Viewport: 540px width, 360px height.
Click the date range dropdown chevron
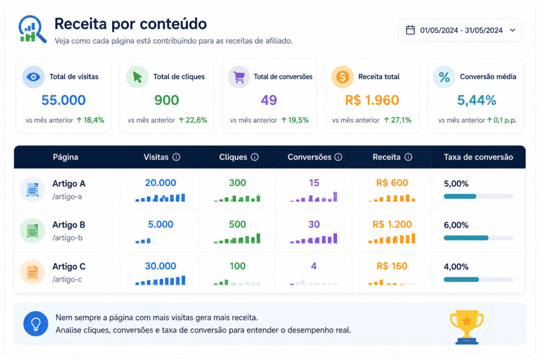[513, 30]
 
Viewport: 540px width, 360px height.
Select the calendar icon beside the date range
[410, 30]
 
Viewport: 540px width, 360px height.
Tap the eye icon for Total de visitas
[33, 77]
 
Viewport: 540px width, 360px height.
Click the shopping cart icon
[239, 77]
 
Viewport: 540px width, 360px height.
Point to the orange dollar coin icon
[342, 77]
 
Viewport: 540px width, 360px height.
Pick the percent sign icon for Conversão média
[444, 77]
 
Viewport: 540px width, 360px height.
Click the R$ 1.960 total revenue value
[372, 100]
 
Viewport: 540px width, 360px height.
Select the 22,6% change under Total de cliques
[193, 120]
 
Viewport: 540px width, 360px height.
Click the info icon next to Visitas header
[176, 157]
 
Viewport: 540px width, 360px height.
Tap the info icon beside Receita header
[408, 157]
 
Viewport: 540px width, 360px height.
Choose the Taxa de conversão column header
[478, 157]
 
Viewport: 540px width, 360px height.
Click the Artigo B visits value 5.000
[160, 225]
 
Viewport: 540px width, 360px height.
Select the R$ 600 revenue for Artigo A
[392, 183]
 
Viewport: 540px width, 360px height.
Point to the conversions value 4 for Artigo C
[314, 266]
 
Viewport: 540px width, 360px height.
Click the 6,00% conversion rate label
[456, 225]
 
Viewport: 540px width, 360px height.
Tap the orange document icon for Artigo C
[32, 272]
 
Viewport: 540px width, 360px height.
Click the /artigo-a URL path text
[67, 197]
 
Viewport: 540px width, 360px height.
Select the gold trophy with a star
[467, 327]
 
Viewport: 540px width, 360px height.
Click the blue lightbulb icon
[36, 324]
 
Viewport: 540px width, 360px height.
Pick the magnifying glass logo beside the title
[32, 29]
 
